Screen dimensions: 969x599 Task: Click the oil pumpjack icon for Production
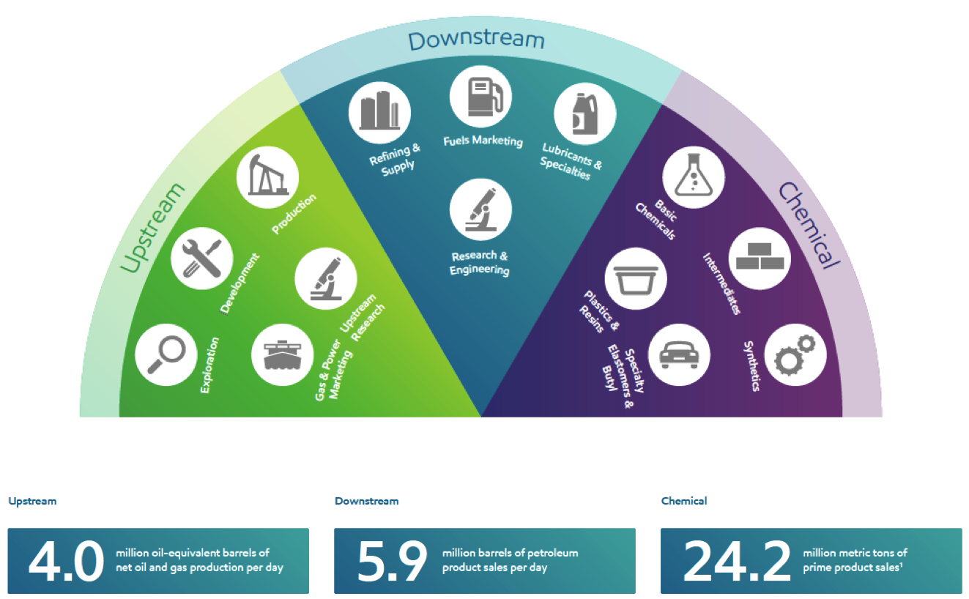pyautogui.click(x=268, y=177)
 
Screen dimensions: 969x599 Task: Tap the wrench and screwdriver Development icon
pyautogui.click(x=202, y=258)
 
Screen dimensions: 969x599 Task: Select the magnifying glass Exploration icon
pyautogui.click(x=166, y=354)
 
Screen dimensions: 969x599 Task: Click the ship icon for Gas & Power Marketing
pyautogui.click(x=283, y=354)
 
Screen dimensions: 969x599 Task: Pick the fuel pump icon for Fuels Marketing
pyautogui.click(x=480, y=97)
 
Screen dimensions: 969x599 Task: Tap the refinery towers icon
pyautogui.click(x=380, y=113)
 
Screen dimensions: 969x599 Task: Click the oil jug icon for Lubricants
pyautogui.click(x=585, y=114)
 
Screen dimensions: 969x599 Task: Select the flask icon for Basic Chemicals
pyautogui.click(x=694, y=177)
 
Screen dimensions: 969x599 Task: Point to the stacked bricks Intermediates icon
pyautogui.click(x=760, y=258)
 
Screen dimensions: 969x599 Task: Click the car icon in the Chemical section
pyautogui.click(x=679, y=354)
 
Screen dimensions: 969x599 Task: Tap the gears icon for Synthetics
pyautogui.click(x=795, y=354)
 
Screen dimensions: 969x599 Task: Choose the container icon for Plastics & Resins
pyautogui.click(x=636, y=278)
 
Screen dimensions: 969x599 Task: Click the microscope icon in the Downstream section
pyautogui.click(x=480, y=209)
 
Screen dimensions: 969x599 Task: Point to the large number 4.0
pyautogui.click(x=66, y=561)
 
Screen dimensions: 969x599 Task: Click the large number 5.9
pyautogui.click(x=392, y=561)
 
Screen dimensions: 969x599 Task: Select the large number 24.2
pyautogui.click(x=737, y=561)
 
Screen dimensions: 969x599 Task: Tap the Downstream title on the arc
pyautogui.click(x=476, y=40)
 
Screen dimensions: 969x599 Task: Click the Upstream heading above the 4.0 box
pyautogui.click(x=32, y=502)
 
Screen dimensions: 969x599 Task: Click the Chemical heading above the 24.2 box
pyautogui.click(x=684, y=501)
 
